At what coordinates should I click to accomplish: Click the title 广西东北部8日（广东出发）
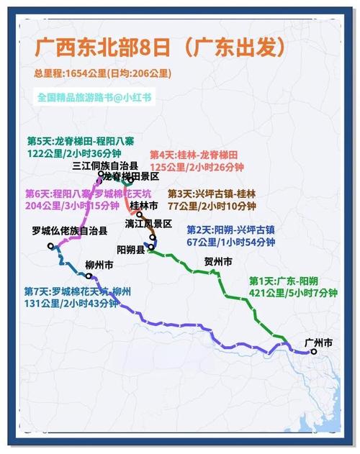pos(159,48)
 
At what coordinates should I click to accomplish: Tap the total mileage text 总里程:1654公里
pos(70,73)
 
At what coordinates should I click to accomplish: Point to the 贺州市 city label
pos(218,262)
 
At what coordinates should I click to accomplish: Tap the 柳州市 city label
pos(99,265)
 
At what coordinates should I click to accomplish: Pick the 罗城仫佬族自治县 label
pos(70,231)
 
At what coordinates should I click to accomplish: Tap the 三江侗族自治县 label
pos(105,165)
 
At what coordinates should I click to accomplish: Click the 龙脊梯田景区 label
pos(131,176)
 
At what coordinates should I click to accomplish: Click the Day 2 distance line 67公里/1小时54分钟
pos(230,242)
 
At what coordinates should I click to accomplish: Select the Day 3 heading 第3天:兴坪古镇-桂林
pos(211,194)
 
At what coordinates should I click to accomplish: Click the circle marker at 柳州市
pos(89,275)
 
